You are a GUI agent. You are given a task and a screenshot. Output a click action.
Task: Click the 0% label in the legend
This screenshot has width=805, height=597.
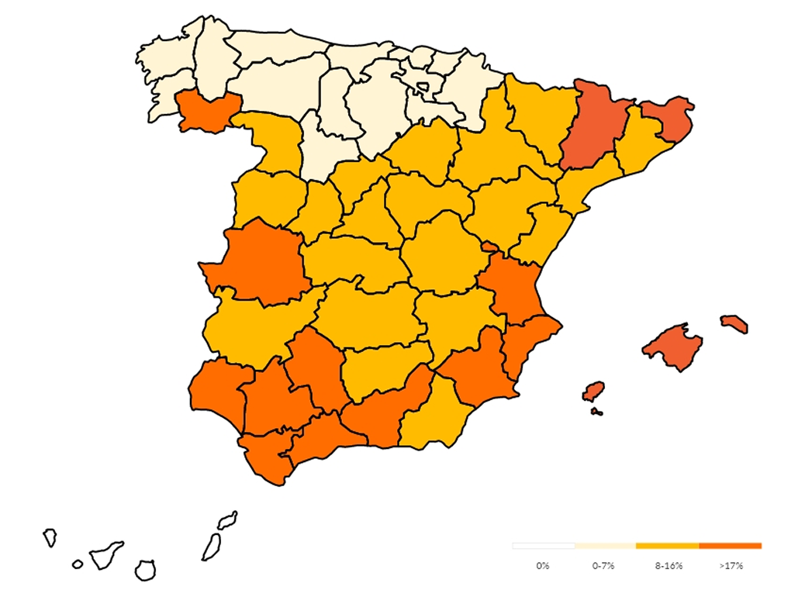[x=542, y=566]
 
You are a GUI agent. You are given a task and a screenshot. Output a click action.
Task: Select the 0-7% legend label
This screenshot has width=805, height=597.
[x=603, y=566]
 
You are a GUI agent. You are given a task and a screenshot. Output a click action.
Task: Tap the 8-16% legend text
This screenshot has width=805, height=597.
[x=668, y=566]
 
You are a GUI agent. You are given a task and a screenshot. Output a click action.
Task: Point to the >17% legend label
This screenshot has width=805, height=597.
[x=731, y=566]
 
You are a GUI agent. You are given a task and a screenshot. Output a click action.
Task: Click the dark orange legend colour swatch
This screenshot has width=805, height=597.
[x=730, y=546]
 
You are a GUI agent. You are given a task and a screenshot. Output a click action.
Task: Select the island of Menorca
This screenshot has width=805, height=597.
[x=734, y=323]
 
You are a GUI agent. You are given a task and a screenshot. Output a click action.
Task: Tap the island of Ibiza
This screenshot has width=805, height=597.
[x=593, y=392]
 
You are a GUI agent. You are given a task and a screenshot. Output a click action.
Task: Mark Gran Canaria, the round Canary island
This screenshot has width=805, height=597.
[x=145, y=571]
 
